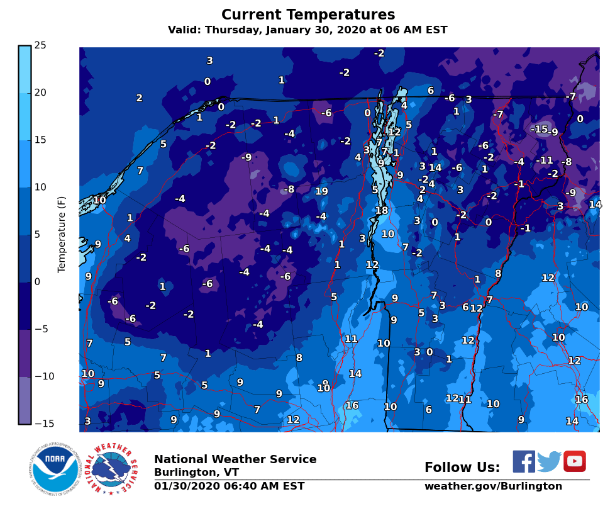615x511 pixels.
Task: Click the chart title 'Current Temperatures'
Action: coord(308,15)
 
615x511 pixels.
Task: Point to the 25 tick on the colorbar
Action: coord(40,45)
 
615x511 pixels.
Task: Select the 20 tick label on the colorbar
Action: coord(40,93)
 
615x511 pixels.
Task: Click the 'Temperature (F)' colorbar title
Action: coord(62,234)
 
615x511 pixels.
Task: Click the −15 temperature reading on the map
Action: coord(539,129)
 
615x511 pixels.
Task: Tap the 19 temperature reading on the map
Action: coord(321,191)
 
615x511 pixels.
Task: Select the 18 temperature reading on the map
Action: coord(382,211)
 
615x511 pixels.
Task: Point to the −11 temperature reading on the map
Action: coord(544,160)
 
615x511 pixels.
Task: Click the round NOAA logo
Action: coord(55,469)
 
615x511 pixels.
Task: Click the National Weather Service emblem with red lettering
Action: coord(113,469)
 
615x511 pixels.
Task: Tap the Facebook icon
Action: coord(523,461)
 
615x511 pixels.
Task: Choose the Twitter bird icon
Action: coord(549,461)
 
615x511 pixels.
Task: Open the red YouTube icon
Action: coord(574,461)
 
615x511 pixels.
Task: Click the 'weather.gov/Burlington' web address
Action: coord(493,486)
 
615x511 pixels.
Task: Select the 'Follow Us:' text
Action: coord(462,468)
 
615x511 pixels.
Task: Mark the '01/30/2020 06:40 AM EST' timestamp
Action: coord(229,486)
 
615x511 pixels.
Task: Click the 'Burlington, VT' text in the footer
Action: coord(196,473)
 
